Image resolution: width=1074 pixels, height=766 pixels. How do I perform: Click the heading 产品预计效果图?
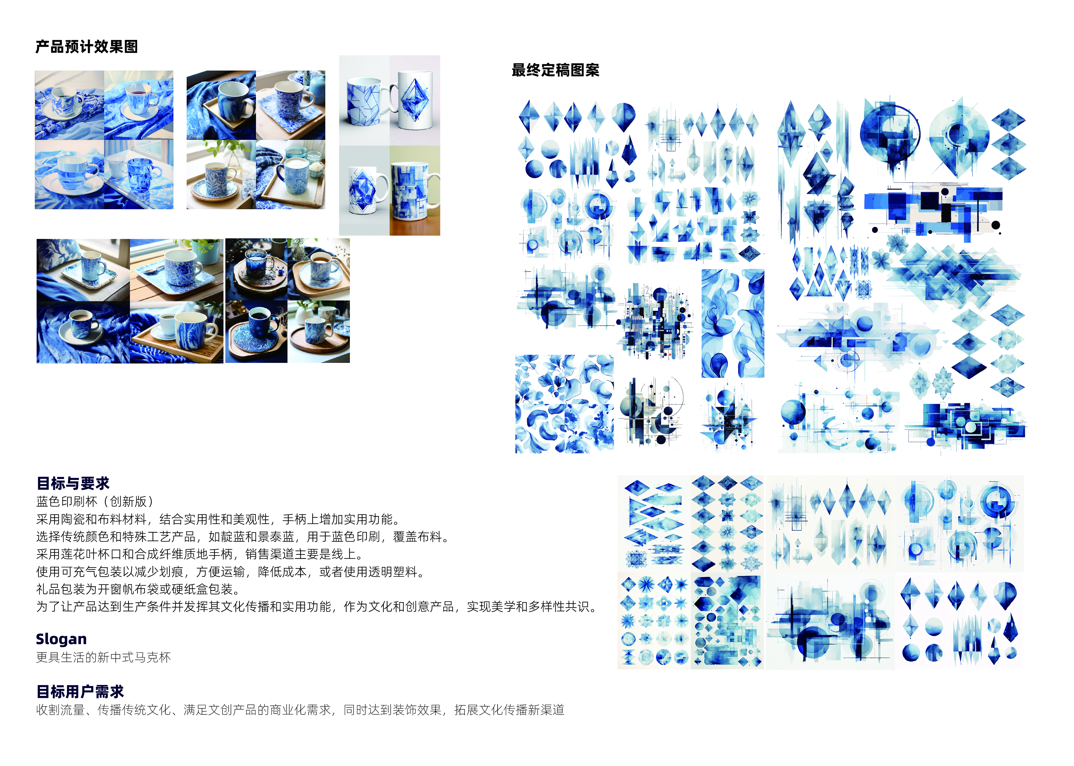87,47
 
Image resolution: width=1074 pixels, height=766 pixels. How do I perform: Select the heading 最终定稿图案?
555,70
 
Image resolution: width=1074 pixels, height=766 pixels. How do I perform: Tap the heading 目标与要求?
73,484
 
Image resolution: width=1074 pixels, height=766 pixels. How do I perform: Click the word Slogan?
61,639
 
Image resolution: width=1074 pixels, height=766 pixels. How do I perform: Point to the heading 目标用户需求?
80,692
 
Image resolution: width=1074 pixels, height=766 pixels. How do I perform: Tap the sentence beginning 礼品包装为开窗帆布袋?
139,589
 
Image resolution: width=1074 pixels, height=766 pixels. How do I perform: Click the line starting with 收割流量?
300,710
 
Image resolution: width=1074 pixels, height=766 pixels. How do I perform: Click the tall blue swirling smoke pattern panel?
733,324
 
